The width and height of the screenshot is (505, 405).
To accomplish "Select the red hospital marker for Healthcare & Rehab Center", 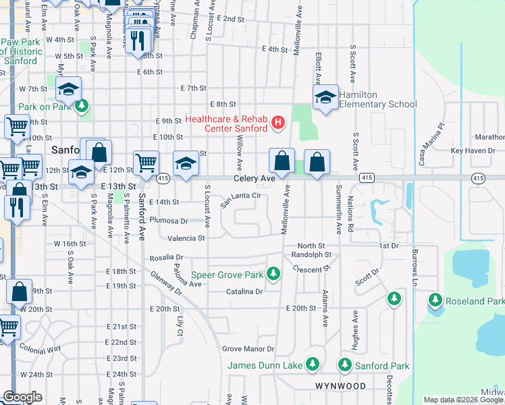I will tap(277, 123).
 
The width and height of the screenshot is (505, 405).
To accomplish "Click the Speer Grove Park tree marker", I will tap(273, 274).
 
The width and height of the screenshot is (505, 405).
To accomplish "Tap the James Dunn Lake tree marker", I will tap(312, 365).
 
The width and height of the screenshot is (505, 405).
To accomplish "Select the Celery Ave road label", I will tap(255, 179).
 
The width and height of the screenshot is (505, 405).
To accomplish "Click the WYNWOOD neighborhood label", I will tap(340, 386).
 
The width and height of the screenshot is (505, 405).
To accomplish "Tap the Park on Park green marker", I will tap(82, 106).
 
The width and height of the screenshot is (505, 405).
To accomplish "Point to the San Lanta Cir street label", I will tap(240, 196).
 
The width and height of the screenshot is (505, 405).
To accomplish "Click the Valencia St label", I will tap(186, 238).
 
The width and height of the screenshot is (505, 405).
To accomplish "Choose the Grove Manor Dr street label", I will tap(248, 349).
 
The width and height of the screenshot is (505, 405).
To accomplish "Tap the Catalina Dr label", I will tap(244, 292).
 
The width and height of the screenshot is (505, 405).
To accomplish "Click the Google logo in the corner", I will tap(22, 398).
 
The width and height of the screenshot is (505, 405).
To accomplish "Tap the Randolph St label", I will tap(311, 255).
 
